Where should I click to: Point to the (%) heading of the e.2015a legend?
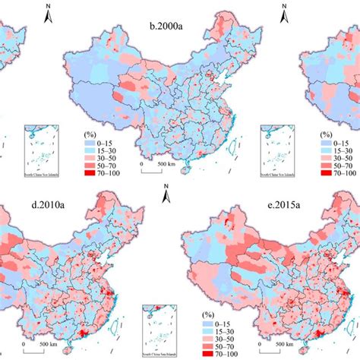coord(205,313)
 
